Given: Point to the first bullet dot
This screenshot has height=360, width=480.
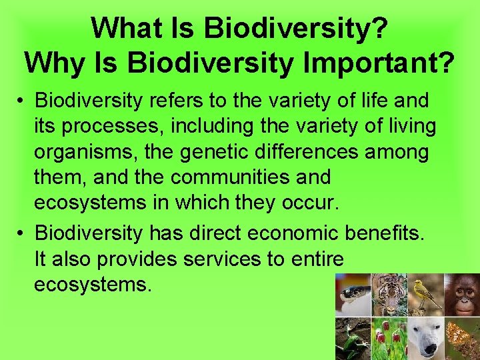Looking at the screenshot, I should point(22,101).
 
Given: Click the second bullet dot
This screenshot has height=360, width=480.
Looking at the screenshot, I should point(22,233).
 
